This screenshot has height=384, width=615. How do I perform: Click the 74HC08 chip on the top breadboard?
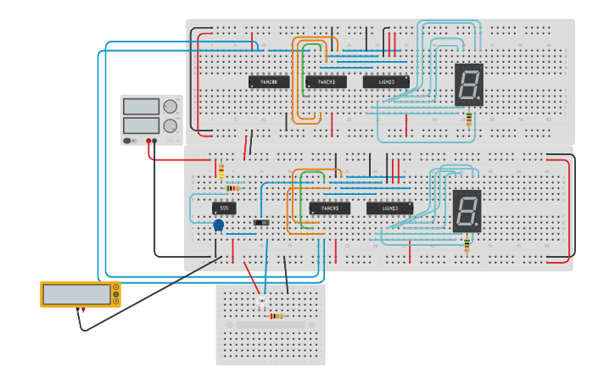[x=268, y=82]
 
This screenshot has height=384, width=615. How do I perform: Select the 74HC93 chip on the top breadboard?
[x=326, y=82]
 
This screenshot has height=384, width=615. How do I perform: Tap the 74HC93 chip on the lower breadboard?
[x=329, y=209]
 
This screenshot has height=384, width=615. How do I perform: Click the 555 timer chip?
[x=224, y=208]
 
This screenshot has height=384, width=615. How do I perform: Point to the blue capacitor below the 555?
[x=218, y=225]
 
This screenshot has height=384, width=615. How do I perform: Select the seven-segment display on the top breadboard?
[x=469, y=85]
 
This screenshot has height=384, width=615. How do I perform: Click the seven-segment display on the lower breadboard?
[x=467, y=211]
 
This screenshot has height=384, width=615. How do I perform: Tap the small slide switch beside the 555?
[x=262, y=223]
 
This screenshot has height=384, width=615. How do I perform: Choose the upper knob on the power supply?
[x=171, y=107]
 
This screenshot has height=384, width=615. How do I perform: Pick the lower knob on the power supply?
[x=171, y=125]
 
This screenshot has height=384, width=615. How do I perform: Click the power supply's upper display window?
[x=141, y=107]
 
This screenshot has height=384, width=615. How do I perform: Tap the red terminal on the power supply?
[x=148, y=142]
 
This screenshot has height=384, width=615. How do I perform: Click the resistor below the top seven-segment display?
[x=469, y=120]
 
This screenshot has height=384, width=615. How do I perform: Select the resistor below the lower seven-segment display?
[x=467, y=246]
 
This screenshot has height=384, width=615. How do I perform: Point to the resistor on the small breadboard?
[x=276, y=316]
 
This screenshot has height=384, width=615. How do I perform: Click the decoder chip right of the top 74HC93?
[x=386, y=82]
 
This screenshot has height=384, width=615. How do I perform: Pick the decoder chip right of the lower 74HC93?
[x=389, y=209]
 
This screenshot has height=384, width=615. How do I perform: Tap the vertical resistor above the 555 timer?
[x=221, y=172]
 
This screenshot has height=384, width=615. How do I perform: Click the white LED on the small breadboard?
[x=261, y=302]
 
